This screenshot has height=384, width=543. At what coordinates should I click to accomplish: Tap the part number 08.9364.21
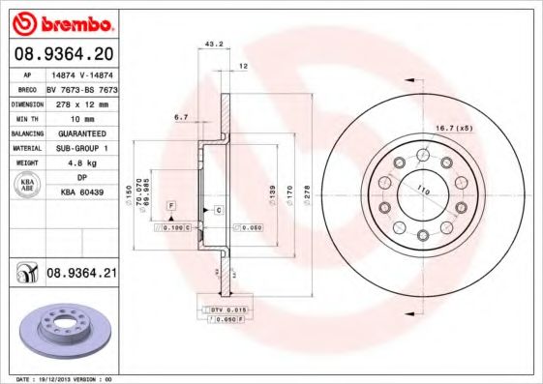point(81,275)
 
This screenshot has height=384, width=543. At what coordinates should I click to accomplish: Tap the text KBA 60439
point(81,192)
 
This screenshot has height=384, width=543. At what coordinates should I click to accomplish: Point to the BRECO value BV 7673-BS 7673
point(82,87)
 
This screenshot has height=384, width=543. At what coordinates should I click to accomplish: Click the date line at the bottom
point(66,379)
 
